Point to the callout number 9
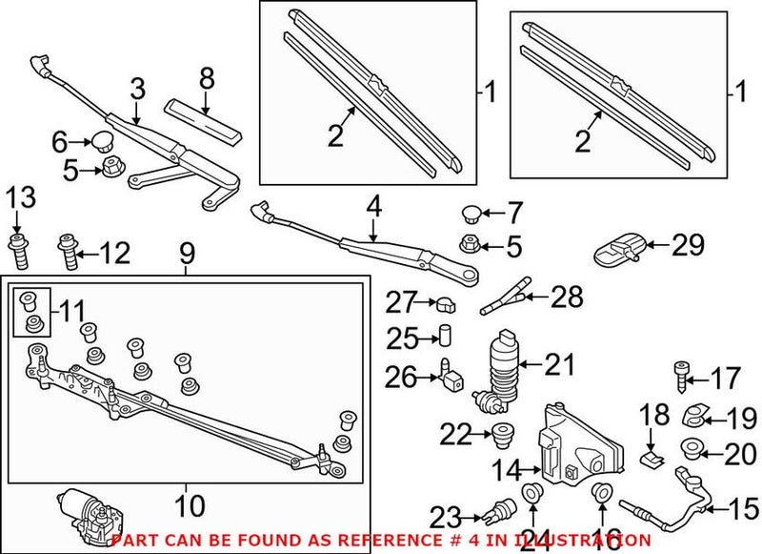click(187, 254)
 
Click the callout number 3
click(137, 90)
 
